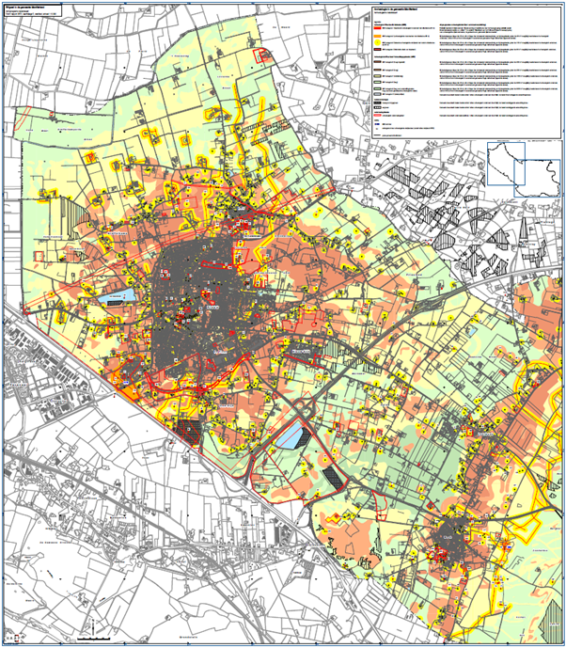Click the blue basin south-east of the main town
(292, 435)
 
